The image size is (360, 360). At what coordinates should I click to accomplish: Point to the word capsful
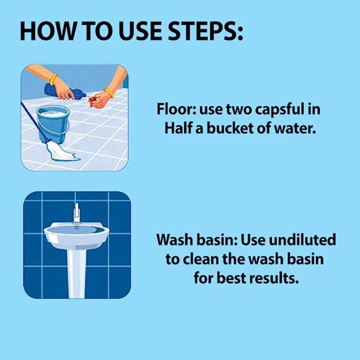click(278, 110)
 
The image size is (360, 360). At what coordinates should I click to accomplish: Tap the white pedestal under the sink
click(77, 273)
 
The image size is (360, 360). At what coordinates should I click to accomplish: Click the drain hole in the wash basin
click(77, 228)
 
